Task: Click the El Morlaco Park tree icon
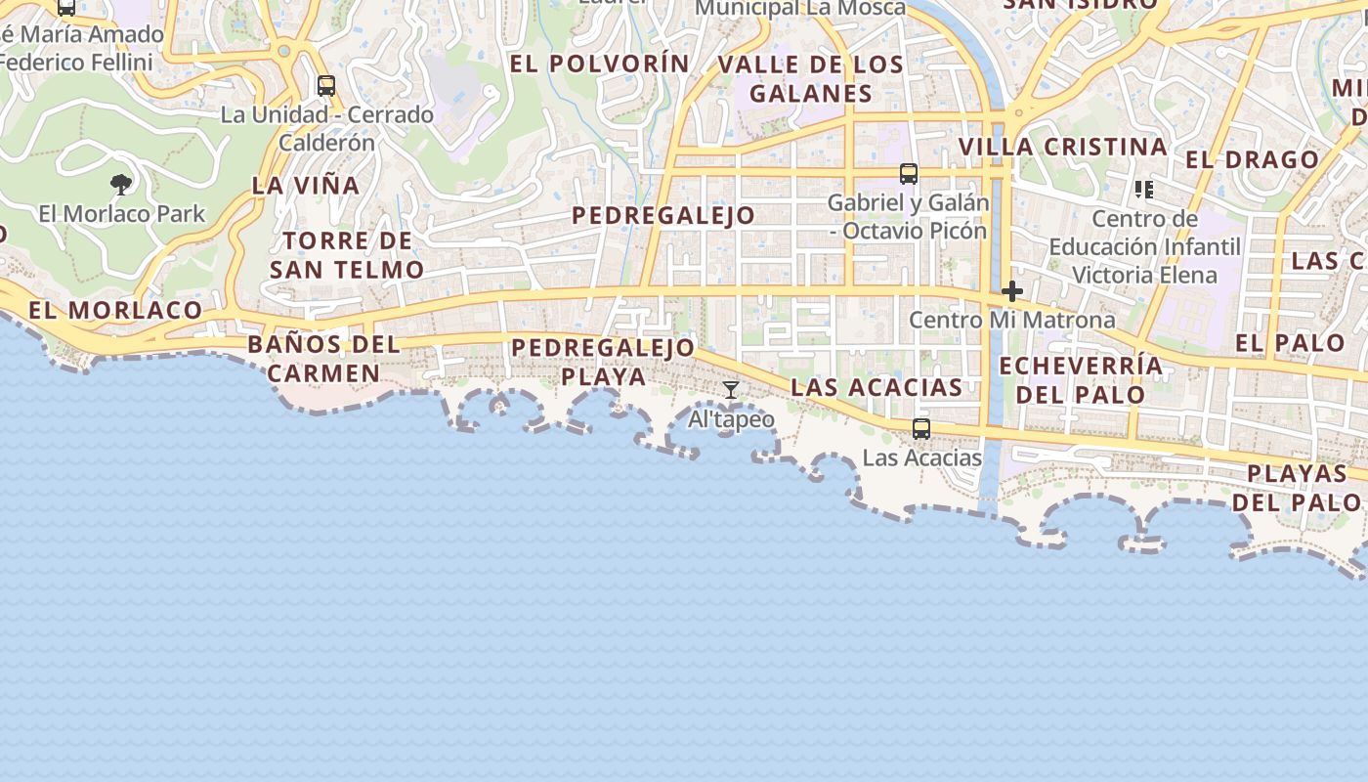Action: click(121, 184)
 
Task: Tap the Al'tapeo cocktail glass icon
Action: click(731, 391)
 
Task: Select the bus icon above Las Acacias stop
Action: click(920, 428)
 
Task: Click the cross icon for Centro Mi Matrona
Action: click(1012, 290)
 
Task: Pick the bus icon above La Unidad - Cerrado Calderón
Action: click(326, 86)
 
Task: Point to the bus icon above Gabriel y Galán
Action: click(909, 174)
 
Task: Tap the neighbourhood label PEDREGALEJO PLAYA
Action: click(603, 362)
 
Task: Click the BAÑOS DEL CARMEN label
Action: click(323, 358)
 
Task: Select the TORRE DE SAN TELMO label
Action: click(347, 254)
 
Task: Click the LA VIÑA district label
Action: click(306, 185)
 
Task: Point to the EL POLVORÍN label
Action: click(600, 64)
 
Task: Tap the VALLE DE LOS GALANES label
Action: click(811, 79)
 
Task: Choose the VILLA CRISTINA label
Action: click(1062, 147)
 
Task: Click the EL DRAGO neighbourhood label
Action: click(1252, 159)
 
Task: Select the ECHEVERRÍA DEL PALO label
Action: click(1081, 380)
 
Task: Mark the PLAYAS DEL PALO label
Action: click(1297, 488)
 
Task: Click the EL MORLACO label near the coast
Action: click(115, 311)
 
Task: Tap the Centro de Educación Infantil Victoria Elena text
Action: click(1145, 246)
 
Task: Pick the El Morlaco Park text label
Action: click(122, 213)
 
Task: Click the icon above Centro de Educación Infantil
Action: click(1144, 189)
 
